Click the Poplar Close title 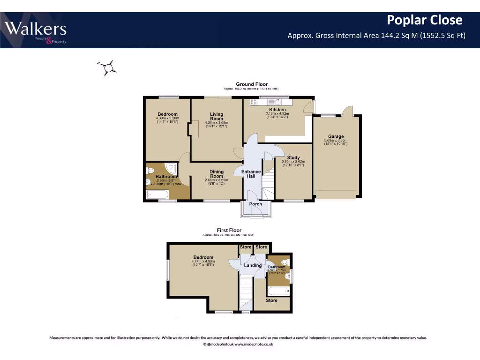[x=424, y=20]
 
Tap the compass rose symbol [x=108, y=68]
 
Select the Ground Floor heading [x=252, y=84]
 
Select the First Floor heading [x=229, y=230]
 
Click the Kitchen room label [x=277, y=110]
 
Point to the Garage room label [x=336, y=136]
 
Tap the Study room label [x=293, y=157]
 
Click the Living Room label [x=217, y=116]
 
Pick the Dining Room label [x=217, y=174]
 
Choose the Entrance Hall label [x=251, y=174]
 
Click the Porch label [x=256, y=204]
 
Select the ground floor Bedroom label [x=167, y=114]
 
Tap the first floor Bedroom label [x=203, y=257]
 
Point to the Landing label [x=253, y=265]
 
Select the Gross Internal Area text [x=376, y=35]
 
